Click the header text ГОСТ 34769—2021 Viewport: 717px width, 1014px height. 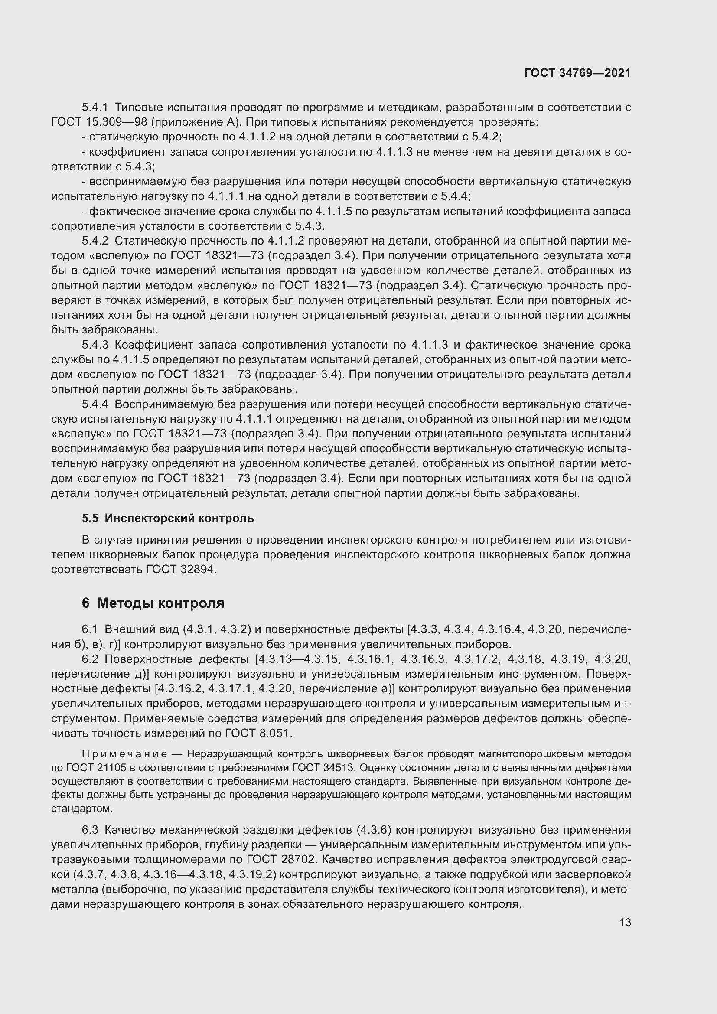577,73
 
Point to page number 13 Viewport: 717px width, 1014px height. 625,922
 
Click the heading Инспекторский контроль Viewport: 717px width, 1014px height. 179,518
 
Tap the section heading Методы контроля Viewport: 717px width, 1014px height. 161,603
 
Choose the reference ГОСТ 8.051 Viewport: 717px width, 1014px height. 258,733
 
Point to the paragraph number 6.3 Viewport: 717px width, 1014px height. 90,830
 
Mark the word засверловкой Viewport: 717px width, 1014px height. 592,874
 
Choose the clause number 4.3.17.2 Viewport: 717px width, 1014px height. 477,659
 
